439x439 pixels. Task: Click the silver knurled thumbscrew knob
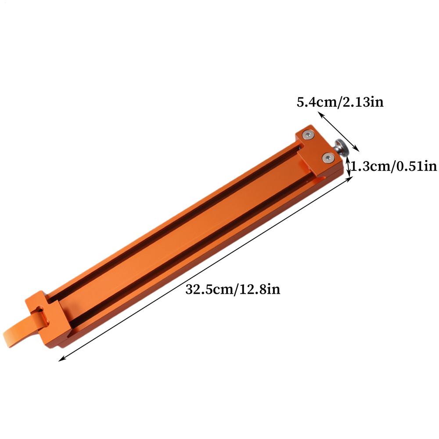click(x=342, y=147)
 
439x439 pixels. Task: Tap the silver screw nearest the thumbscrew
click(x=327, y=158)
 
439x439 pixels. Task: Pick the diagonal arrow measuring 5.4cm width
click(x=338, y=131)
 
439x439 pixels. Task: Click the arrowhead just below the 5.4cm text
click(x=321, y=114)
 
